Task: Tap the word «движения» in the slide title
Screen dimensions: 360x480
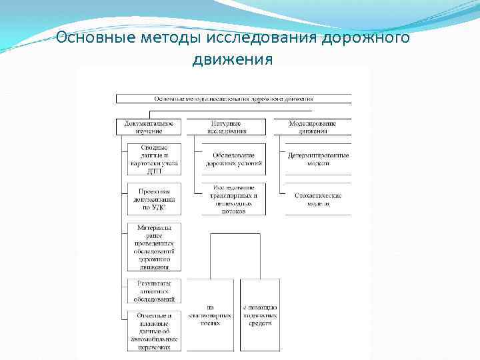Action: (x=233, y=59)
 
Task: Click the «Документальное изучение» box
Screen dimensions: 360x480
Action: (x=149, y=127)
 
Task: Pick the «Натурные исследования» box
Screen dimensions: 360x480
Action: (x=226, y=127)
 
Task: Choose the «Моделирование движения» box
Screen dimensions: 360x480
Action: (x=312, y=127)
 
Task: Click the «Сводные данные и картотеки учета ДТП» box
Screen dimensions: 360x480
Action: (x=154, y=159)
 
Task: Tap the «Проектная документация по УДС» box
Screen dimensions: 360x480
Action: (x=154, y=199)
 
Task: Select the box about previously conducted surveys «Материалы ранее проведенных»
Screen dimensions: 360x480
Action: (x=154, y=247)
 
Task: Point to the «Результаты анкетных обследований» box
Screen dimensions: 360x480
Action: (x=154, y=291)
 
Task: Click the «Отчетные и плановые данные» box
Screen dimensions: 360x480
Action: (x=154, y=330)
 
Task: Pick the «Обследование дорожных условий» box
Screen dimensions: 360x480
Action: (x=233, y=159)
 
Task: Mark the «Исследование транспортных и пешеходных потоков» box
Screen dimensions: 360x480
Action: (x=233, y=199)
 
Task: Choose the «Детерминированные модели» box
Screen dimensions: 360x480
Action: (x=318, y=159)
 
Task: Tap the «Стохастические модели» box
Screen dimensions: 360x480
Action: (x=318, y=199)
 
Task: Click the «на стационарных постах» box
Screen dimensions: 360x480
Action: (x=210, y=315)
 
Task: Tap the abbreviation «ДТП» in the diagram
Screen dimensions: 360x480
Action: (x=154, y=170)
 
